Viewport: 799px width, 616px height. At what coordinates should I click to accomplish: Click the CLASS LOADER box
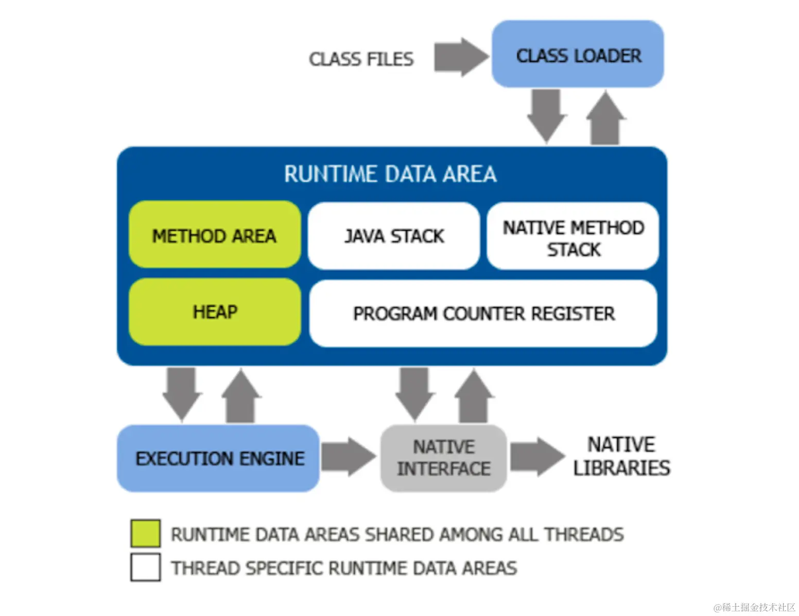tap(578, 55)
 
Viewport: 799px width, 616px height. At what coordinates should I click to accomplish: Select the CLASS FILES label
tap(361, 59)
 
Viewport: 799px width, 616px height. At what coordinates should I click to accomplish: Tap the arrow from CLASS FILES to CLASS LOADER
tap(460, 57)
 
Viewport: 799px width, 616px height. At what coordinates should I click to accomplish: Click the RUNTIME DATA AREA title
tap(390, 174)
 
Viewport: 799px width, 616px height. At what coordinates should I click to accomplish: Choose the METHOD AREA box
tap(214, 235)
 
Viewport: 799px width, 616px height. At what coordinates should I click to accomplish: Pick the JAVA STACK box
tap(394, 236)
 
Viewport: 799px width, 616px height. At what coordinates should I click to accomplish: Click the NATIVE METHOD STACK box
tap(573, 236)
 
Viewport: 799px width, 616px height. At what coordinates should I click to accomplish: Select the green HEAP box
tap(215, 312)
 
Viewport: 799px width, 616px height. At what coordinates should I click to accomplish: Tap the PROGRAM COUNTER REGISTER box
tap(483, 314)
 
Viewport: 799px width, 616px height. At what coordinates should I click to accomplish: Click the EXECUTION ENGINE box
tap(219, 458)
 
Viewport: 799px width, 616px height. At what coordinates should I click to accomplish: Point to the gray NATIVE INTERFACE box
tap(444, 458)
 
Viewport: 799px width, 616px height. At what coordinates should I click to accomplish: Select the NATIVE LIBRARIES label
tap(621, 456)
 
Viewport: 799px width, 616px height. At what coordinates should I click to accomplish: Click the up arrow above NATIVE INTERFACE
tap(474, 397)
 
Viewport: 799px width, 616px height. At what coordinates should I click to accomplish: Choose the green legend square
tap(145, 534)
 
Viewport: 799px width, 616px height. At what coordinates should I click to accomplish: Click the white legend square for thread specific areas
tap(145, 567)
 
